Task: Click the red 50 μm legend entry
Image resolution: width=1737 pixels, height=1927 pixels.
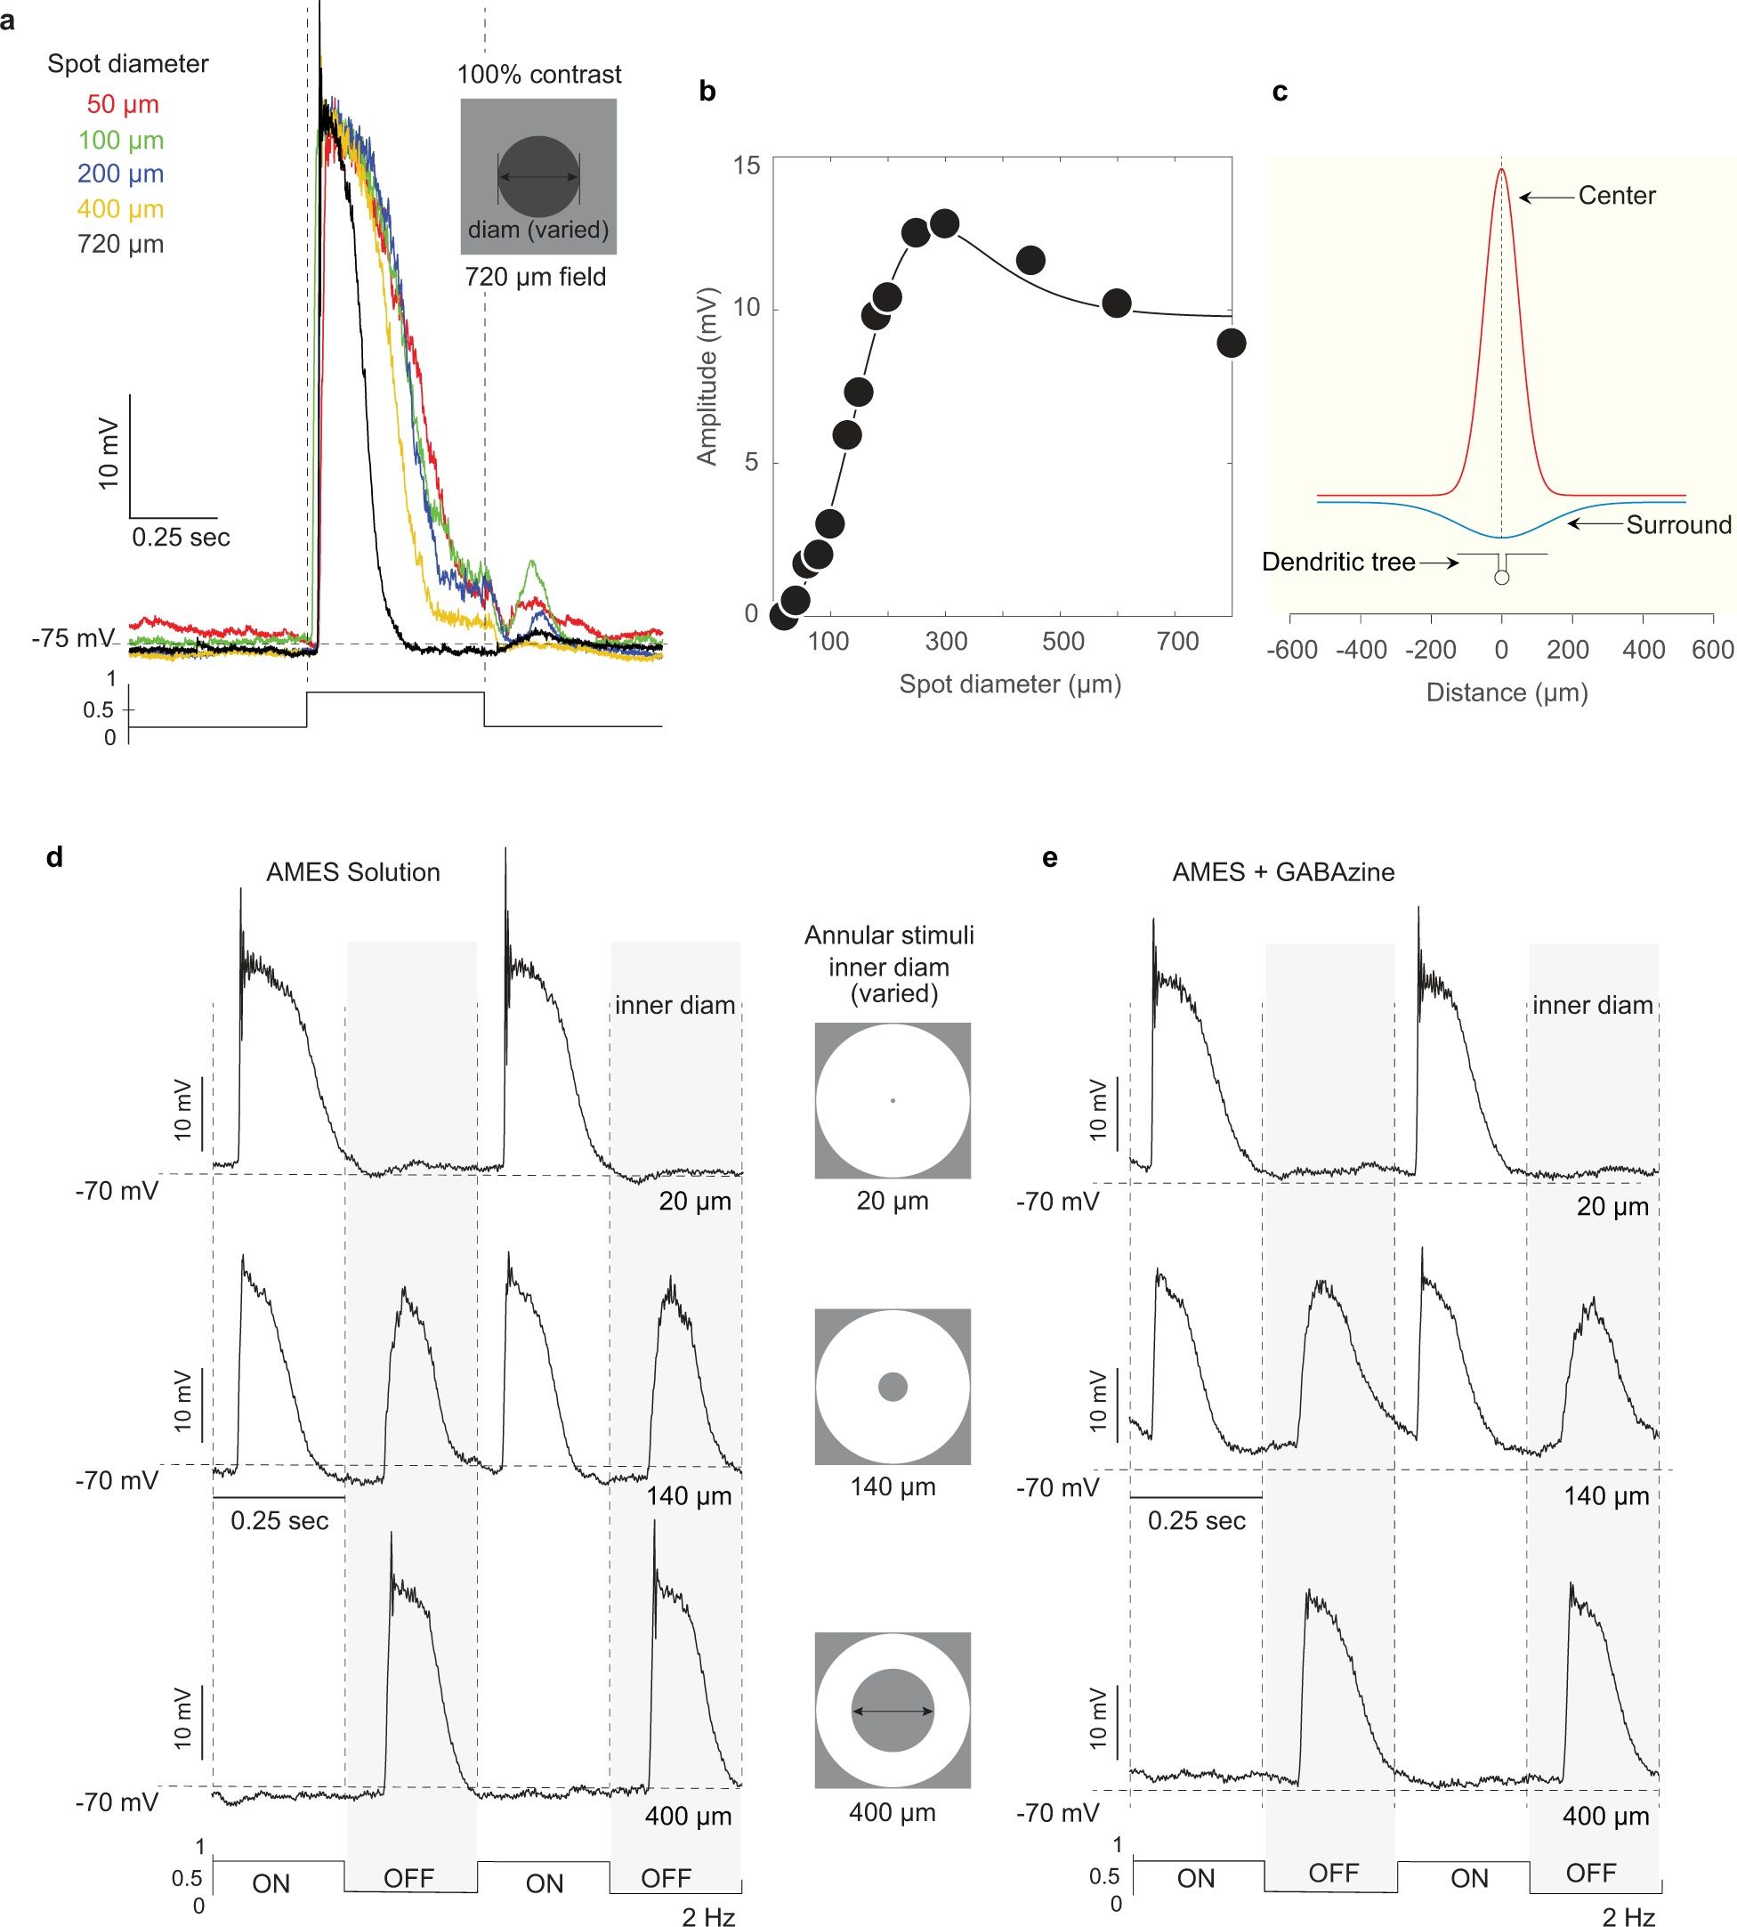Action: (x=122, y=104)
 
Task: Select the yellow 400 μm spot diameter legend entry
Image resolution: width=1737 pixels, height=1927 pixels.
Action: (x=120, y=209)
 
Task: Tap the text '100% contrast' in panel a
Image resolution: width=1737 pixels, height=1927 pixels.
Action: (x=538, y=75)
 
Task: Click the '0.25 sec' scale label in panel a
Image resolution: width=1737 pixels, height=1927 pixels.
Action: (x=181, y=538)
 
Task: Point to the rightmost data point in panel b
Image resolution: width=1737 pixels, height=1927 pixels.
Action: (x=1230, y=344)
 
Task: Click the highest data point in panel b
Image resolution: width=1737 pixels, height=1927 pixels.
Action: (x=944, y=224)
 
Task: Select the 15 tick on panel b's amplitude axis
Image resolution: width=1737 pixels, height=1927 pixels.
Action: (x=747, y=166)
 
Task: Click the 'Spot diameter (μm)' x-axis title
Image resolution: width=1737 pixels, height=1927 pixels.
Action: (x=1010, y=684)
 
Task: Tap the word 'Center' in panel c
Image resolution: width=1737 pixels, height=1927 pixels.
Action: (x=1616, y=196)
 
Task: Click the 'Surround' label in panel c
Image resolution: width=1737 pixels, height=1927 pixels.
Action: (x=1678, y=525)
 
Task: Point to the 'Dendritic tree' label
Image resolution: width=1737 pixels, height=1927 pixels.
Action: (x=1337, y=563)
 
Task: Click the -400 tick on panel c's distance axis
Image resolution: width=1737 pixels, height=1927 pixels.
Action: (x=1361, y=650)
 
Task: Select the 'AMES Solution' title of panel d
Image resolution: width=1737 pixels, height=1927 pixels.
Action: (x=353, y=872)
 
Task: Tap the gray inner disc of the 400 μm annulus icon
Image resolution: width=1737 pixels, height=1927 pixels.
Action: (x=893, y=1712)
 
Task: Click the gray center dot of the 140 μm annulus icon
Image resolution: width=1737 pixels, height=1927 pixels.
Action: (x=893, y=1387)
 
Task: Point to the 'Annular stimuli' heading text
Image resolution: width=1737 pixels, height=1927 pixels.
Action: (x=889, y=935)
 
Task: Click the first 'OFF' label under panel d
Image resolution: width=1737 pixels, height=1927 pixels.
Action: (x=408, y=1878)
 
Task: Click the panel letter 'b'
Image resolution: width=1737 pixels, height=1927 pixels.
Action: (x=707, y=92)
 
